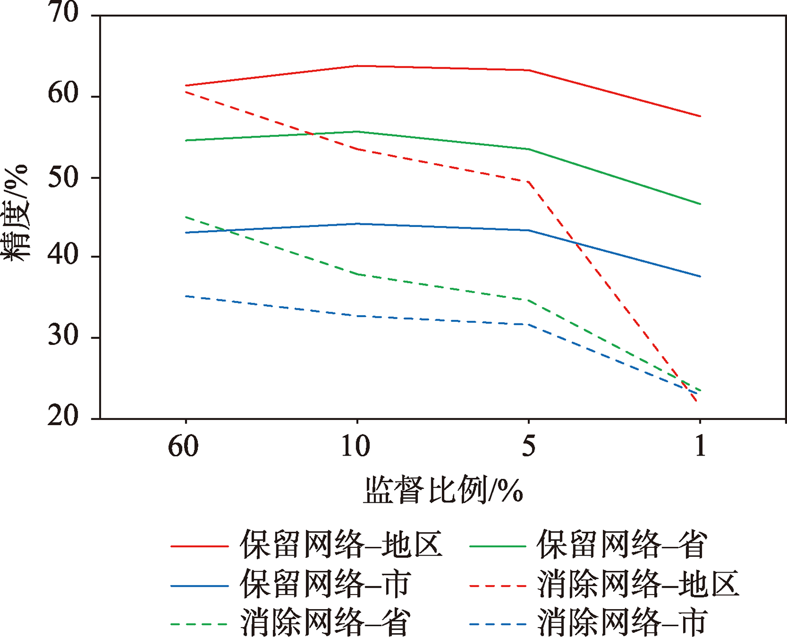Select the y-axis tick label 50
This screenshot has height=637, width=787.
click(x=63, y=177)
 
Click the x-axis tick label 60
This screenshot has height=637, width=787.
click(x=184, y=446)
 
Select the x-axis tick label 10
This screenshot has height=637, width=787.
click(x=356, y=446)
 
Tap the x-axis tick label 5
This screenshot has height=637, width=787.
click(x=528, y=446)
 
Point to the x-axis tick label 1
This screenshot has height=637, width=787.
click(x=700, y=446)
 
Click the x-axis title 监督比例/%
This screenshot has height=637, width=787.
click(x=443, y=491)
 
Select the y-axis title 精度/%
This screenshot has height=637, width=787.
click(x=16, y=212)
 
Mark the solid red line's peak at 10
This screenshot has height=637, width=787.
click(x=357, y=66)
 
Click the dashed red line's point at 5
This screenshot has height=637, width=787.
click(x=528, y=181)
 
